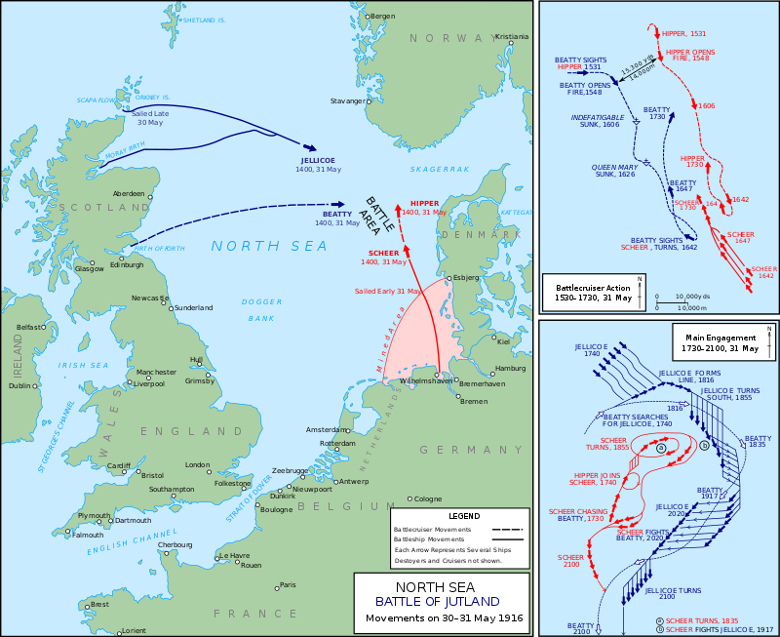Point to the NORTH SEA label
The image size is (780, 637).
pos(270,246)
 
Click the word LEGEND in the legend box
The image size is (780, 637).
pos(463,516)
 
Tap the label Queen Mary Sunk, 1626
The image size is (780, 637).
pos(615,172)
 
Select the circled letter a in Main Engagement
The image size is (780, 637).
pos(662,448)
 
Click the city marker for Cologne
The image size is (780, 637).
pos(410,498)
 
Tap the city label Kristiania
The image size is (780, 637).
pos(511,37)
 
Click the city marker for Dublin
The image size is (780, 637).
pos(36,385)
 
